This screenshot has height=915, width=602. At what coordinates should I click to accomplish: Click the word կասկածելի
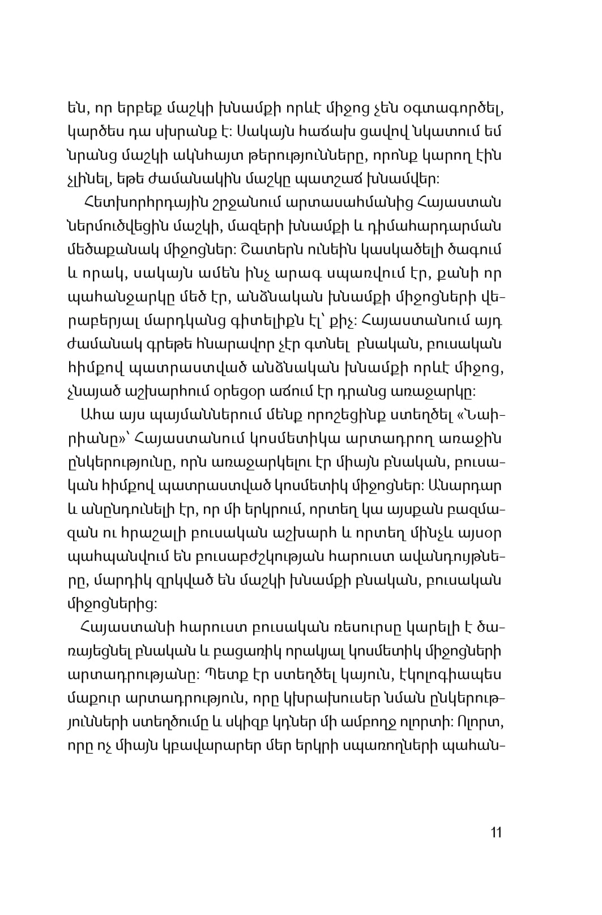coord(407,249)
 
